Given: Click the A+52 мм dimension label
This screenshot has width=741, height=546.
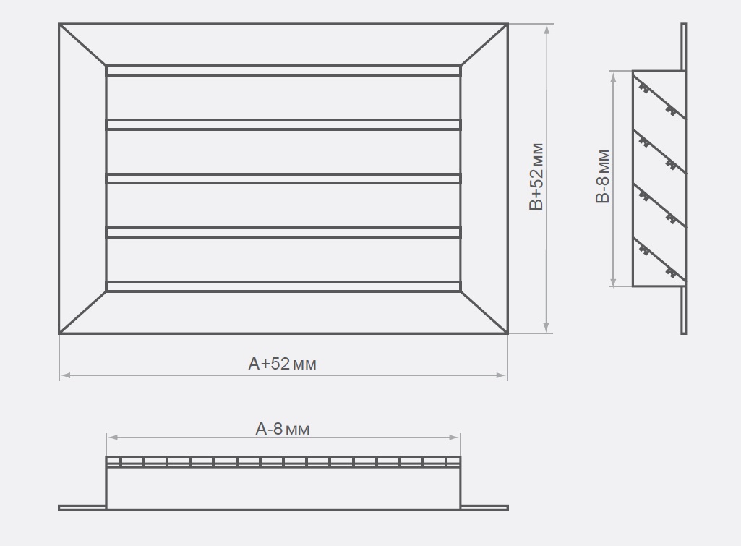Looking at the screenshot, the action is [282, 364].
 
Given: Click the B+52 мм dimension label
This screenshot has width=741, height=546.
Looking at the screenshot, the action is [536, 176].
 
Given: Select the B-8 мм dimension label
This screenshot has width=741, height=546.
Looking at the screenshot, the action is [602, 176].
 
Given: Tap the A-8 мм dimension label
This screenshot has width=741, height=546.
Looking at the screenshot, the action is [282, 429].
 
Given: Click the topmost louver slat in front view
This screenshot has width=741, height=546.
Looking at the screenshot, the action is [283, 71].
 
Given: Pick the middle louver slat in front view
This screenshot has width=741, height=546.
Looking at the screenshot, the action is [283, 179].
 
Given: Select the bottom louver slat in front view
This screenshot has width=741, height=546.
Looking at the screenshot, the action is [283, 286].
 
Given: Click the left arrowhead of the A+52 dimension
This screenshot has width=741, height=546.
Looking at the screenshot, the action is [66, 375].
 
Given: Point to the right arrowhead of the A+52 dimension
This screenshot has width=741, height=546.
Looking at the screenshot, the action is [501, 375].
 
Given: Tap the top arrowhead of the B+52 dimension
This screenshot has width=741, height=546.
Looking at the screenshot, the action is [547, 30].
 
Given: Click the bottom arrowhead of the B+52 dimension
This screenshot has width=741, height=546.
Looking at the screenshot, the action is [547, 327].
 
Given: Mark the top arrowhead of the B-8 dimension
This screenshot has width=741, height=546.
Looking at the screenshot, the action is [614, 78].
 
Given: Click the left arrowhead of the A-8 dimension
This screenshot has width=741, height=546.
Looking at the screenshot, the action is [113, 438].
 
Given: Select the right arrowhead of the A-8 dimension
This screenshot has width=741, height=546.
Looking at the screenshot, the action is [454, 438].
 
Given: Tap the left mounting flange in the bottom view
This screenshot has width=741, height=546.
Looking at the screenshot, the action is [82, 508].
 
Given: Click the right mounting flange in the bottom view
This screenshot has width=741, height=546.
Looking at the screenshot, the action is [484, 508].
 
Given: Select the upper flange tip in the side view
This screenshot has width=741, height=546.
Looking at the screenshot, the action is [683, 25].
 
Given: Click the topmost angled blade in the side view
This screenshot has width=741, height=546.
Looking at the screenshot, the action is [659, 96].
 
